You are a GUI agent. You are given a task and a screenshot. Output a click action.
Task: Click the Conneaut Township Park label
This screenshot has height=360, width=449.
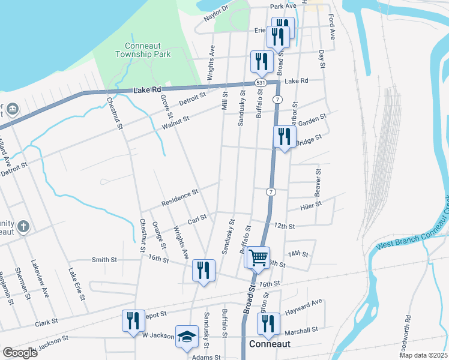click(148, 50)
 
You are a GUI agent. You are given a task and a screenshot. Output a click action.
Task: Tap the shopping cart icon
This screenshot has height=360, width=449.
click(258, 257)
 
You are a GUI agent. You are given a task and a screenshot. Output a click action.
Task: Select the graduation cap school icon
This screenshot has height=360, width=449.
click(187, 336)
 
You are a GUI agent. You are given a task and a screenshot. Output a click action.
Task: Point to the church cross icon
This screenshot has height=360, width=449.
click(23, 227)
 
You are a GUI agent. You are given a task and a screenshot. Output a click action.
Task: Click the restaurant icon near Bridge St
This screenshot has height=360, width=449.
click(285, 137)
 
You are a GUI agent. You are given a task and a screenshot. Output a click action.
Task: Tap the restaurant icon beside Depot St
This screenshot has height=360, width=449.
click(133, 320)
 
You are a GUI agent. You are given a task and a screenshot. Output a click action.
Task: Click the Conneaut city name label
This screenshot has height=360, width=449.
click(270, 344)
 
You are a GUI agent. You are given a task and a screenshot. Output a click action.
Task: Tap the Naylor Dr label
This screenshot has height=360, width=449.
click(217, 13)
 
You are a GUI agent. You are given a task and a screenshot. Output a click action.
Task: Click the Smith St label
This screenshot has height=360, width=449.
click(104, 260)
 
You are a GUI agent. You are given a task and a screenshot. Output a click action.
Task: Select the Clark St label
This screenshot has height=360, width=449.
click(46, 322)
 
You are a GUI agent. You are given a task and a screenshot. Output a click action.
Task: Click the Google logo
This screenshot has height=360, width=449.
click(20, 353)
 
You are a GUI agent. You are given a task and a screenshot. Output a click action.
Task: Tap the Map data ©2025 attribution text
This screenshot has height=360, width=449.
click(423, 355)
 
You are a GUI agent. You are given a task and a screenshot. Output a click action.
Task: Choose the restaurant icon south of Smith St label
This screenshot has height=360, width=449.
click(203, 271)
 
